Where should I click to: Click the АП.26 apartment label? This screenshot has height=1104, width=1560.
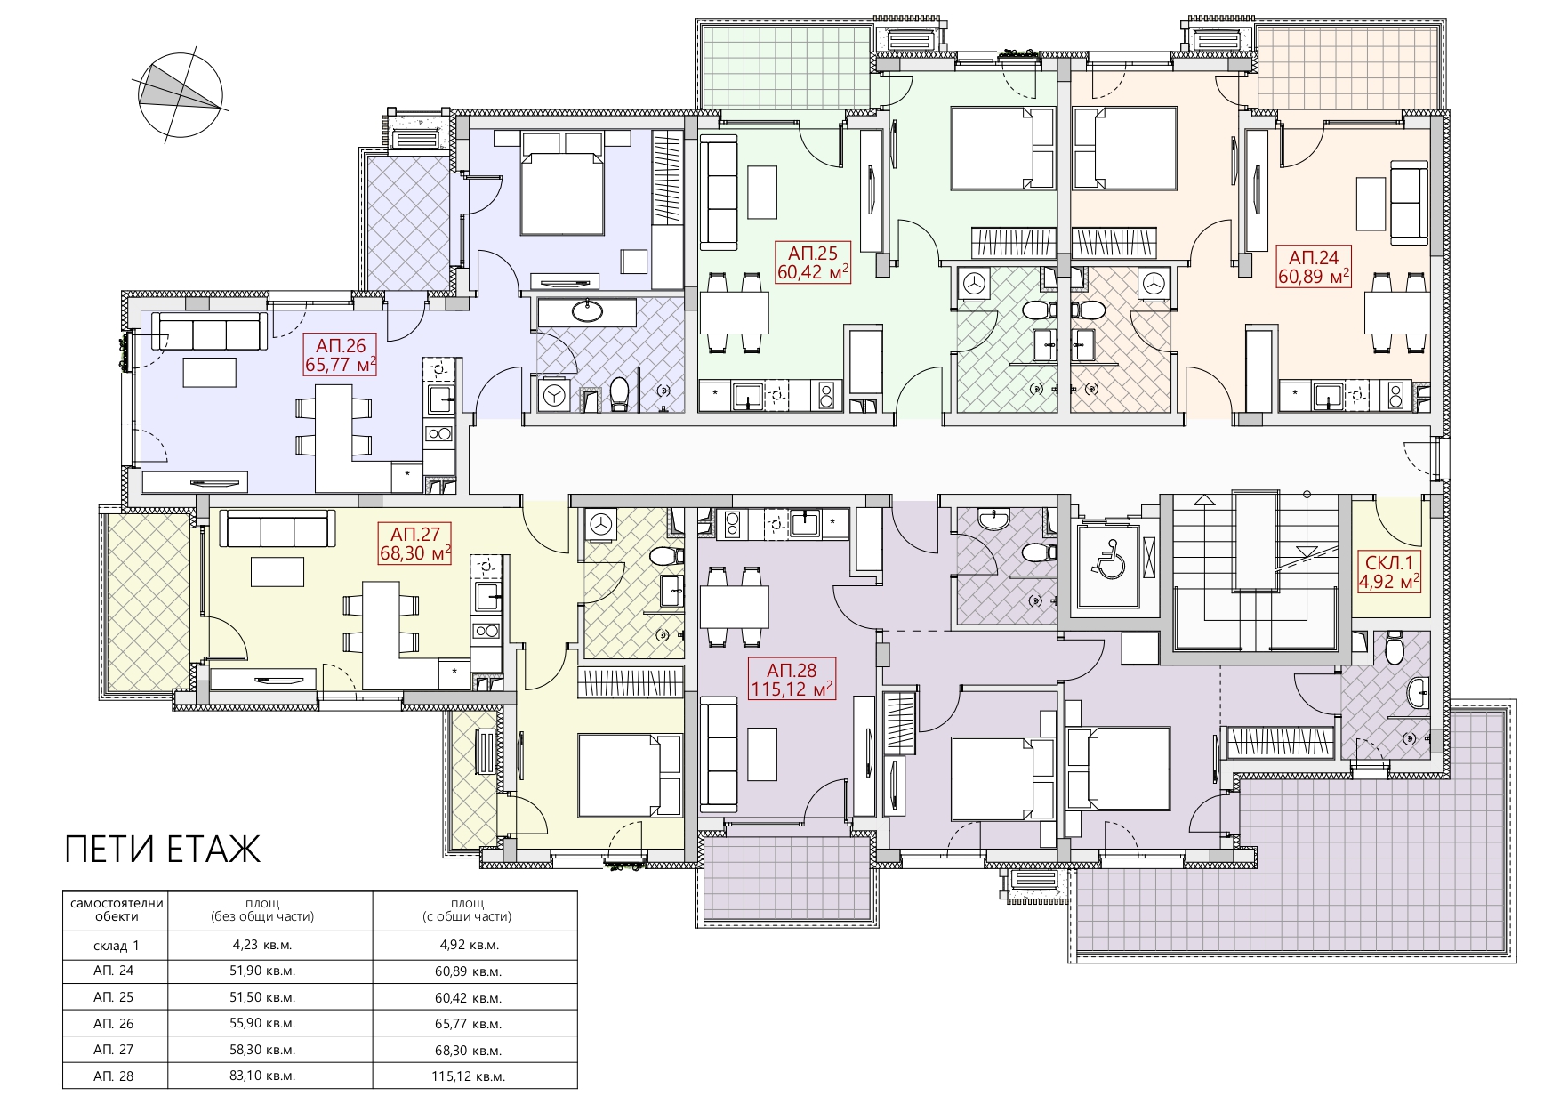pyautogui.click(x=341, y=354)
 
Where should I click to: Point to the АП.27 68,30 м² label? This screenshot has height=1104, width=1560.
pyautogui.click(x=415, y=544)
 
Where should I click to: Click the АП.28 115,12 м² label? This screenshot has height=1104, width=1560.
pyautogui.click(x=792, y=680)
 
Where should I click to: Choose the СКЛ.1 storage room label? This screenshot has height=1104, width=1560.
pyautogui.click(x=1388, y=572)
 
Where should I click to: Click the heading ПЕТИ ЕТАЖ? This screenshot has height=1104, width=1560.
pyautogui.click(x=163, y=850)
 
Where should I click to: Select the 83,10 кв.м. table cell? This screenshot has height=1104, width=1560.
pyautogui.click(x=262, y=1076)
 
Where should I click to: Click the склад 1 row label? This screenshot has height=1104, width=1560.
pyautogui.click(x=116, y=946)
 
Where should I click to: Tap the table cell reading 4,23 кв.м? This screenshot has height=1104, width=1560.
pyautogui.click(x=262, y=946)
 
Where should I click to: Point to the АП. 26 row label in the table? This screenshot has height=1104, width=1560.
pyautogui.click(x=114, y=1024)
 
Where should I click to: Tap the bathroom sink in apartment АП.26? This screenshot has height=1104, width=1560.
pyautogui.click(x=586, y=311)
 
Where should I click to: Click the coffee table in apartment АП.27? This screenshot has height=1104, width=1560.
pyautogui.click(x=277, y=571)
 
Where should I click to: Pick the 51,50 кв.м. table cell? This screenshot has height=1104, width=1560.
pyautogui.click(x=262, y=997)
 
